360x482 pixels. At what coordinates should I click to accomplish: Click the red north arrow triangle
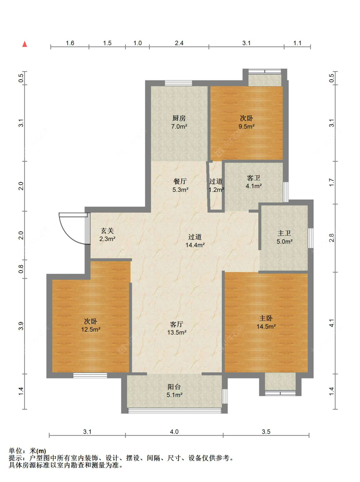pyautogui.click(x=25, y=44)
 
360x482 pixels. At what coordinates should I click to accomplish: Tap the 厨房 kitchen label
pyautogui.click(x=179, y=118)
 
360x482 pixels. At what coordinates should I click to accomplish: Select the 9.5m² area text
pyautogui.click(x=246, y=127)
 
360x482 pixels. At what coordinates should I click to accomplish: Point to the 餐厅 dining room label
pyautogui.click(x=180, y=181)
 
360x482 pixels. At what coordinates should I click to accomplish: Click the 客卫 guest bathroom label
pyautogui.click(x=253, y=178)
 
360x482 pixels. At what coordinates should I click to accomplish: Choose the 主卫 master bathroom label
pyautogui.click(x=284, y=233)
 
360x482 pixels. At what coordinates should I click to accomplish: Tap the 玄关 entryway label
pyautogui.click(x=107, y=231)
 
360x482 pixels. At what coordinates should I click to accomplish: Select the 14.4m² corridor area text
pyautogui.click(x=195, y=245)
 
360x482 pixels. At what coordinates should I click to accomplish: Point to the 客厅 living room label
pyautogui.click(x=177, y=324)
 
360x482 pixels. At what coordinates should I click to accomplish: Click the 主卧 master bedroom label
pyautogui.click(x=266, y=318)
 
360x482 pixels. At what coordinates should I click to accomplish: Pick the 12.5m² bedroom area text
pyautogui.click(x=91, y=329)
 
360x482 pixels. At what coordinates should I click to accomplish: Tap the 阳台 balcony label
pyautogui.click(x=174, y=387)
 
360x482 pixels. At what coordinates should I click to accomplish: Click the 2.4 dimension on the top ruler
pyautogui.click(x=179, y=43)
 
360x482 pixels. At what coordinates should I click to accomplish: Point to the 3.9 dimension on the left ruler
pyautogui.click(x=21, y=326)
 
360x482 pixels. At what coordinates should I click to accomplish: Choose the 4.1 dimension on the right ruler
pyautogui.click(x=332, y=323)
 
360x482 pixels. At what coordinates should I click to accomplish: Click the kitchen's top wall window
pyautogui.click(x=178, y=83)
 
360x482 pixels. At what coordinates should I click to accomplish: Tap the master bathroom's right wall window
pyautogui.click(x=311, y=238)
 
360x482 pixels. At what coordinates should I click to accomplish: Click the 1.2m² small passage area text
pyautogui.click(x=216, y=190)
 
